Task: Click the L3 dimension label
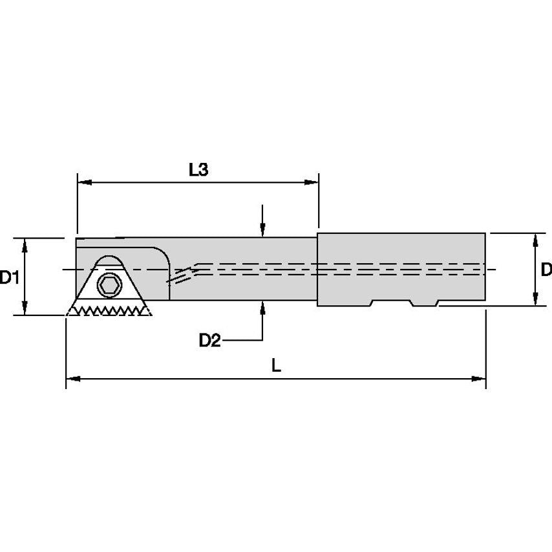198,170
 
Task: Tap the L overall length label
276,365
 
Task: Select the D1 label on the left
8,278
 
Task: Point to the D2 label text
209,340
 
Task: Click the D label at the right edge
546,270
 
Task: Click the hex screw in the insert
108,284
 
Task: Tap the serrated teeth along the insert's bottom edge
110,311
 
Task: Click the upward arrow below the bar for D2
262,308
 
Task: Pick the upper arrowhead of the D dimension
535,239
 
